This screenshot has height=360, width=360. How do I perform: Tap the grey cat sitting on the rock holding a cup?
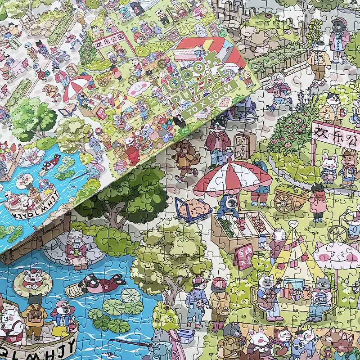pos(75,245)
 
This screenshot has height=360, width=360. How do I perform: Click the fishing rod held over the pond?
pos(130,343)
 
